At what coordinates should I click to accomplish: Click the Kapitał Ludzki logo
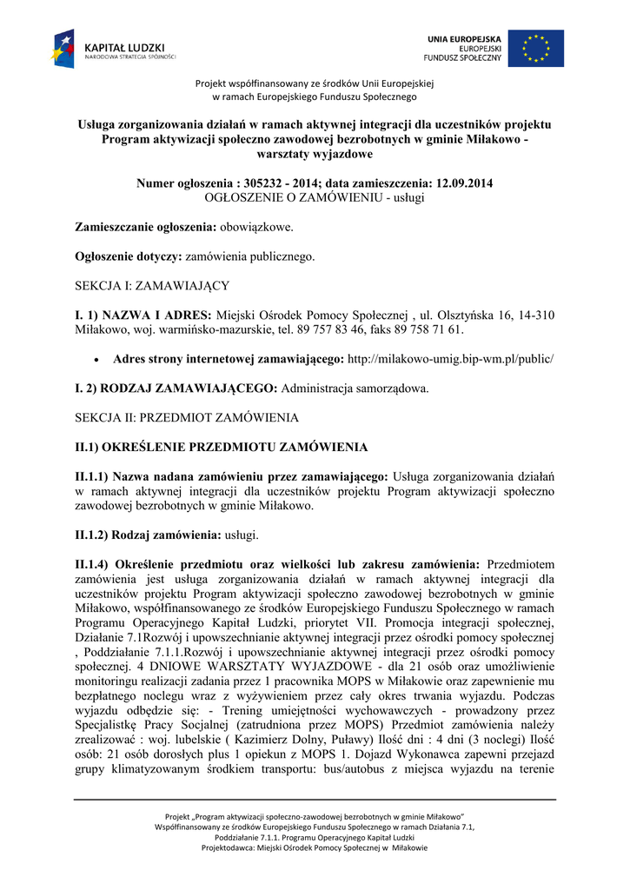(x=113, y=49)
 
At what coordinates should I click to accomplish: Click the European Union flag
(x=535, y=49)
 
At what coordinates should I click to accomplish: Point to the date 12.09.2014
(x=461, y=183)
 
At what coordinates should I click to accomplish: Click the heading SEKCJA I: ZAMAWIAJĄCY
(x=152, y=285)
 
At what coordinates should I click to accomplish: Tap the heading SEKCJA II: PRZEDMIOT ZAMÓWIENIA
(x=187, y=417)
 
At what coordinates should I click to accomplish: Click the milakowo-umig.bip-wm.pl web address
(x=450, y=359)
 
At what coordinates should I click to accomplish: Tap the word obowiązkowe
(x=256, y=227)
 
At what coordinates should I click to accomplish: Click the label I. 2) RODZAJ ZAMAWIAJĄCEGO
(x=177, y=388)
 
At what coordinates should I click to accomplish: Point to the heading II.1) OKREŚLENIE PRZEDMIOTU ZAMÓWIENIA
(x=222, y=448)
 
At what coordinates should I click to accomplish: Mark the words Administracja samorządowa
(x=355, y=388)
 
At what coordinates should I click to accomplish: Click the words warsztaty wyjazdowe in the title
(x=315, y=154)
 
